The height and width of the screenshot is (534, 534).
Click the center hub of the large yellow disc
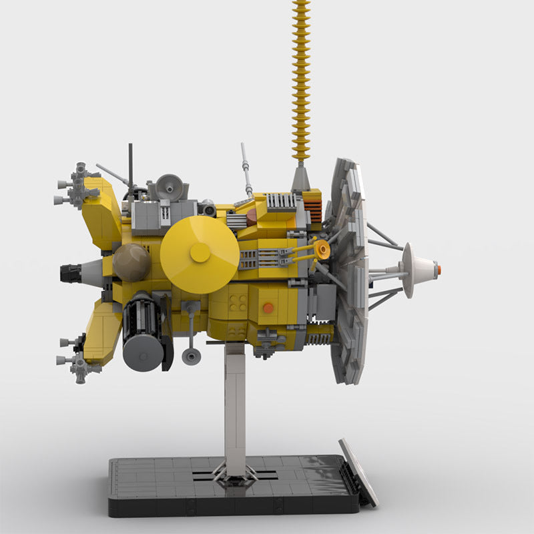click(x=200, y=252)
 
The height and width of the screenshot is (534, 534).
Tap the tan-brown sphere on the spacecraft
click(x=131, y=262)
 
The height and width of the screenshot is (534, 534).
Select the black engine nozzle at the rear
click(x=71, y=273)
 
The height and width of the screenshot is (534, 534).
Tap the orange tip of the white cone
click(x=438, y=270)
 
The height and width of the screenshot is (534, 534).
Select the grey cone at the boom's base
click(x=301, y=179)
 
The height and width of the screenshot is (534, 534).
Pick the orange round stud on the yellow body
click(x=268, y=308)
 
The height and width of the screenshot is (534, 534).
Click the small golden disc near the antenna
click(x=322, y=250)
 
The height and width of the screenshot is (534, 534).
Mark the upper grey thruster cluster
click(x=77, y=186)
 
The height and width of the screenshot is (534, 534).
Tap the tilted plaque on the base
click(x=358, y=471)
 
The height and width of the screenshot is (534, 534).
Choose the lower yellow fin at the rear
click(x=102, y=331)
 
